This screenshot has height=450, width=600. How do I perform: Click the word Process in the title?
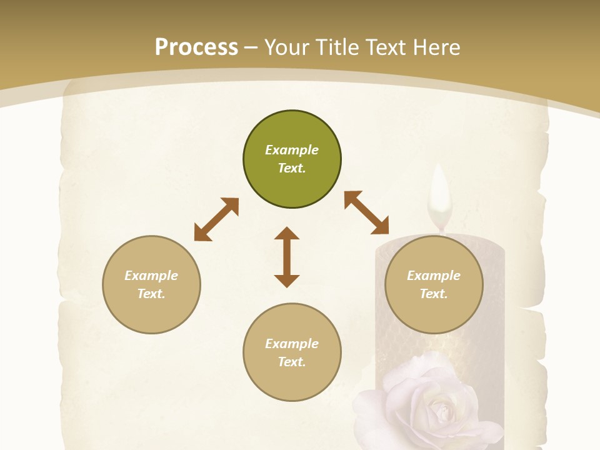pyautogui.click(x=196, y=47)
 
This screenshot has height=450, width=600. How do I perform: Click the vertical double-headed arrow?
pyautogui.click(x=287, y=257)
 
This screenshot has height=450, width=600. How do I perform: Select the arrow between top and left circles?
pyautogui.click(x=216, y=219)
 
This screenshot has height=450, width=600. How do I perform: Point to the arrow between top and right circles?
pyautogui.click(x=366, y=212)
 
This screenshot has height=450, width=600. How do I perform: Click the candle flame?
pyautogui.click(x=440, y=194)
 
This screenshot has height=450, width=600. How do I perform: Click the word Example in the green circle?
pyautogui.click(x=292, y=150)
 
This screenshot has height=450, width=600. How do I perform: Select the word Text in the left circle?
pyautogui.click(x=151, y=294)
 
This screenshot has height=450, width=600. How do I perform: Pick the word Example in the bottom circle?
pyautogui.click(x=292, y=344)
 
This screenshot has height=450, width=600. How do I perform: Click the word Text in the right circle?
pyautogui.click(x=434, y=294)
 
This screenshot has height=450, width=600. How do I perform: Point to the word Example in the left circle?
pyautogui.click(x=151, y=276)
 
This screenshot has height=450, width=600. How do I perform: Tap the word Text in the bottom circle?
pyautogui.click(x=292, y=362)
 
